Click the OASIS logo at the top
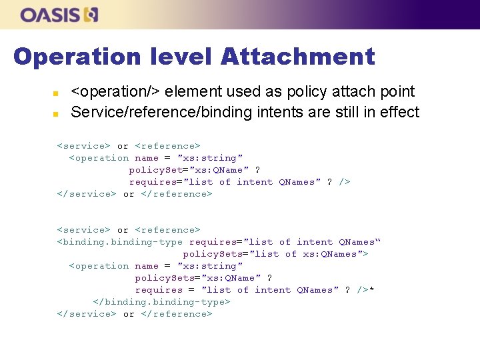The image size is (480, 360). tap(59, 15)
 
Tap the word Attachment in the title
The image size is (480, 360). tap(297, 57)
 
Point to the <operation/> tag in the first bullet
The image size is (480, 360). tap(116, 92)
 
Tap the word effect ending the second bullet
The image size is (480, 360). tap(399, 112)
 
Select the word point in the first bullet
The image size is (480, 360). tap(397, 92)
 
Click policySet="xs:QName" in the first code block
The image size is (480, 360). tap(185, 170)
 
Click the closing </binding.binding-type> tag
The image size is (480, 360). tap(162, 302)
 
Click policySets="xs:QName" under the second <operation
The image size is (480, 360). tap(195, 278)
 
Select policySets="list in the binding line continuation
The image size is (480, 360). tap(231, 254)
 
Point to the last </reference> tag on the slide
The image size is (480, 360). tap(177, 314)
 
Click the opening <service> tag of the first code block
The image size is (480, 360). tap(84, 146)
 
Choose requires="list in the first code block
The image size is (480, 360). tap(171, 182)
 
